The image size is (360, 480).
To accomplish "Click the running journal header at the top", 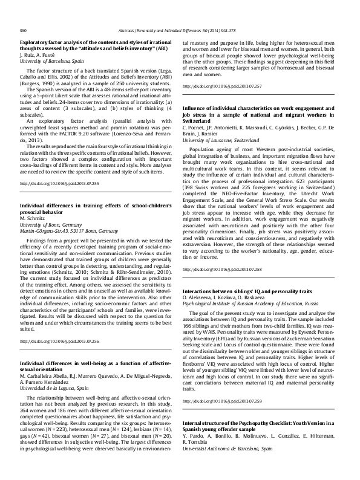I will click(x=180, y=29).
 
